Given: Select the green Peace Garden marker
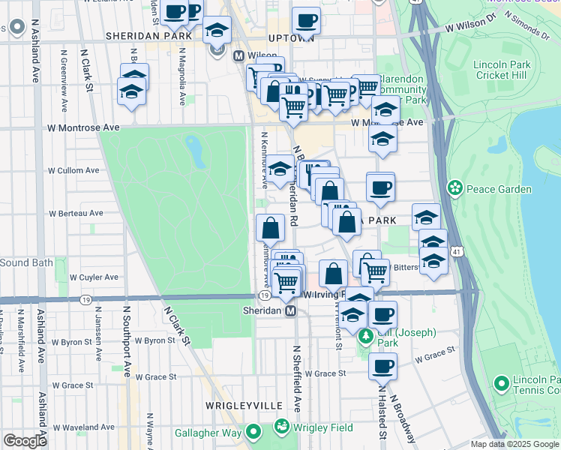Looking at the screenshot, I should pos(454,187).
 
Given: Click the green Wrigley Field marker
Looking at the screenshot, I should pos(282,427).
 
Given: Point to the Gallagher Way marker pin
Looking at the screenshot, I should pos(253,432).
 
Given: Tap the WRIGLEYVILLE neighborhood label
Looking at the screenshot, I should pos(237,405).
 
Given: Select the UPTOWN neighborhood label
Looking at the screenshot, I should pos(290,37).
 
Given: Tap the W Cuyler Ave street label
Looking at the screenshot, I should pos(94,277).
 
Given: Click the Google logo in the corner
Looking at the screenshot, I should pos(25,441).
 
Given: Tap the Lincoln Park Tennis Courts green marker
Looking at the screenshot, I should pos(502,384).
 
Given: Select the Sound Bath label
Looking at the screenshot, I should pos(26,263).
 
